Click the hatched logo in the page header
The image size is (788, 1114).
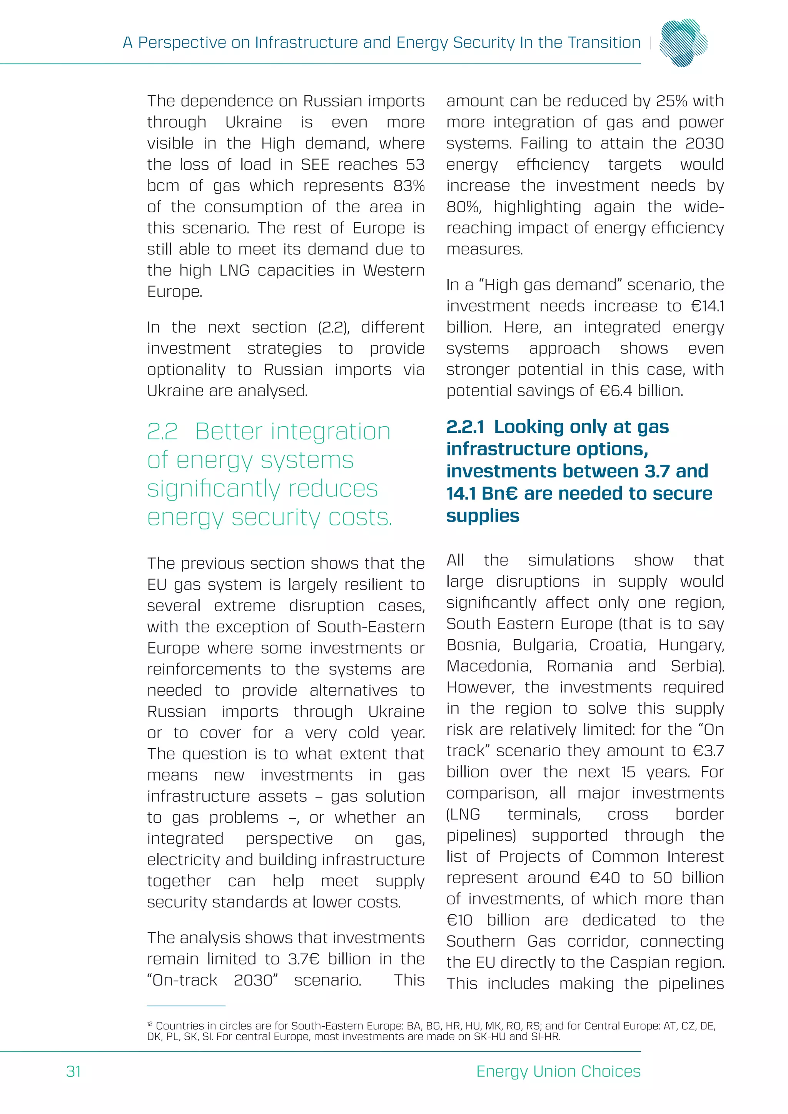(x=683, y=43)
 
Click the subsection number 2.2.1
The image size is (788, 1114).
(x=465, y=427)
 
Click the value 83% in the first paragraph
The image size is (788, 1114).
(x=409, y=185)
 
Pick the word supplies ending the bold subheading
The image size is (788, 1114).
(x=482, y=516)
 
